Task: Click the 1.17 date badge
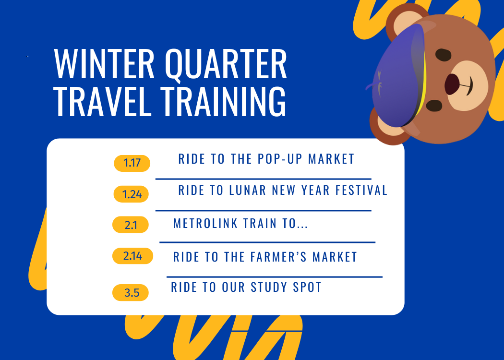pos(132,163)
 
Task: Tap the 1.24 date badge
pos(131,194)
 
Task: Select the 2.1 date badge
pos(131,225)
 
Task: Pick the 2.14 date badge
pos(132,256)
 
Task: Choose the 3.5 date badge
pos(131,292)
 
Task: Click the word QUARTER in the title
pos(226,65)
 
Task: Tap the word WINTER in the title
pos(105,64)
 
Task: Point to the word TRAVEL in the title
pos(103,101)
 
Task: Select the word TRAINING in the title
pos(224,101)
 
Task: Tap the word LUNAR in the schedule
pos(248,190)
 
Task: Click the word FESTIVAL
pos(361,190)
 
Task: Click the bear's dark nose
pos(452,84)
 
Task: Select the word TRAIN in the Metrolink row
pos(260,223)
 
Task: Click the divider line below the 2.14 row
pos(275,277)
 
